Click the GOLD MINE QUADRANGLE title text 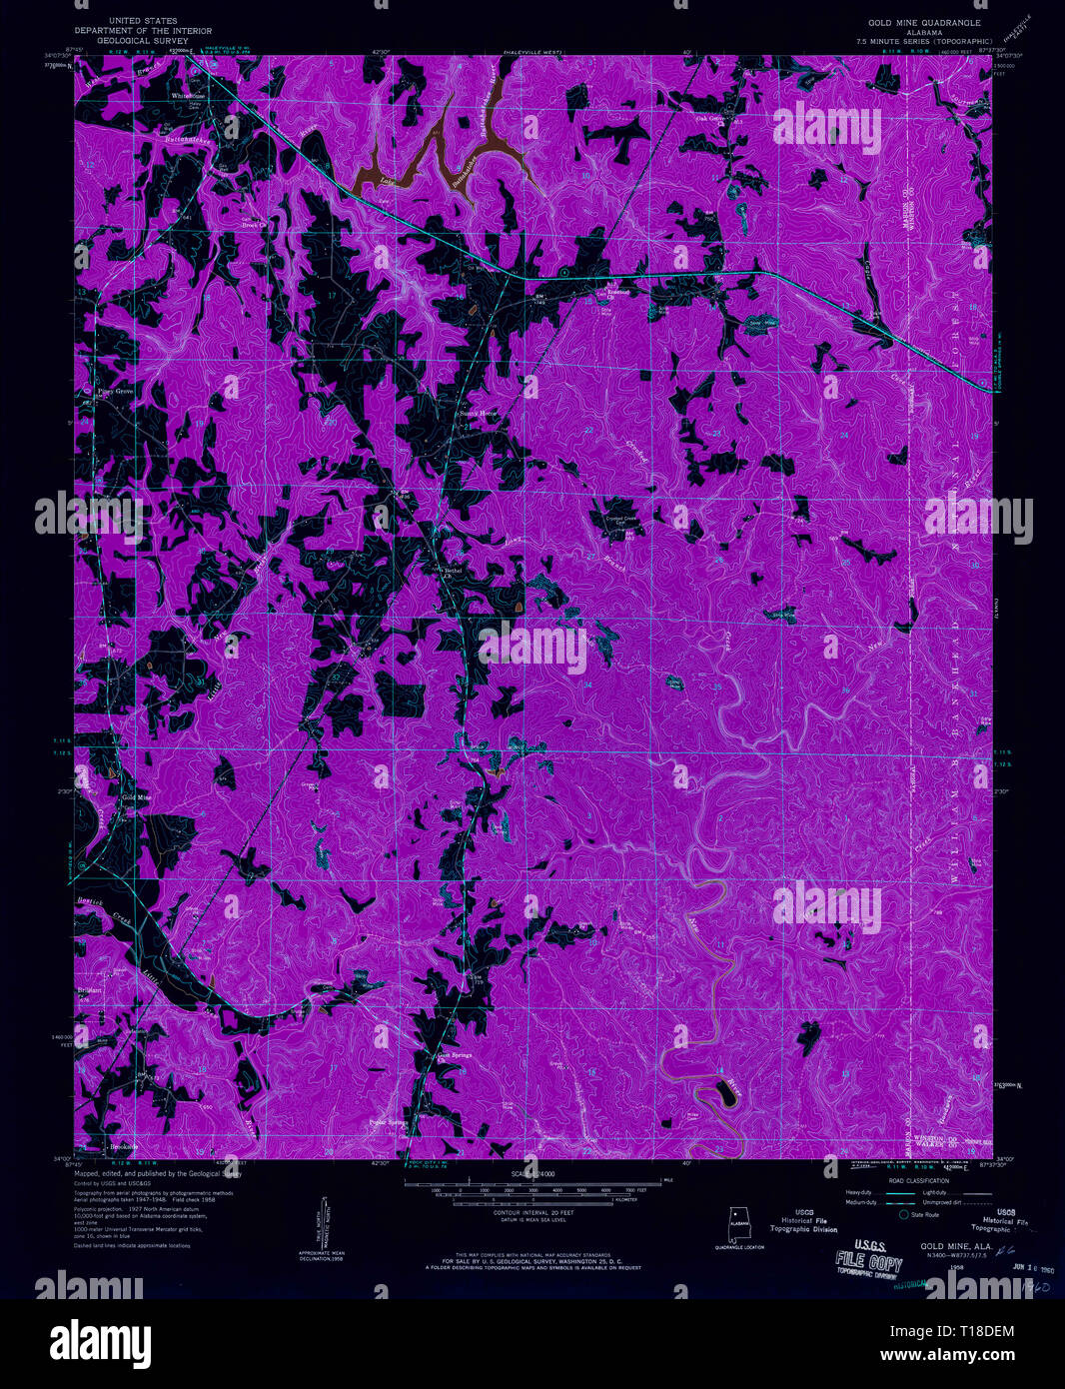point(924,22)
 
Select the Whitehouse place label point(188,96)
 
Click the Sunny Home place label point(477,413)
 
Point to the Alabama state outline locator point(739,1224)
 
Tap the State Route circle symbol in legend point(904,1215)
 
